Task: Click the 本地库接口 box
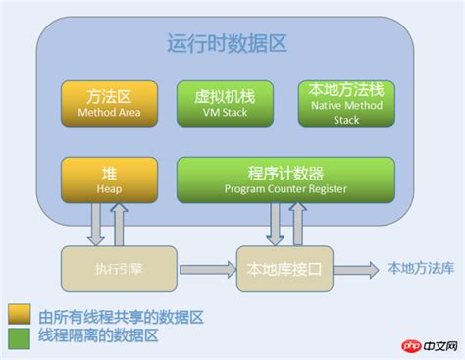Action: click(x=284, y=266)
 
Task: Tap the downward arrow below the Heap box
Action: click(x=95, y=224)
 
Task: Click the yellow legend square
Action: click(x=18, y=317)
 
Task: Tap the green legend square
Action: click(x=18, y=337)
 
